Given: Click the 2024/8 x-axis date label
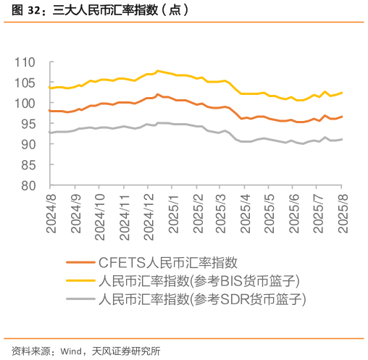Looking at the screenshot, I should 51,214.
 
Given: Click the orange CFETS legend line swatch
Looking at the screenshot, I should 79,262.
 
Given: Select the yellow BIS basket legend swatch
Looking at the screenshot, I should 79,280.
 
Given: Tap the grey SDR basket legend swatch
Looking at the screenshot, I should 79,298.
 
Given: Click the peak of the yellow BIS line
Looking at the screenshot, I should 157,70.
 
